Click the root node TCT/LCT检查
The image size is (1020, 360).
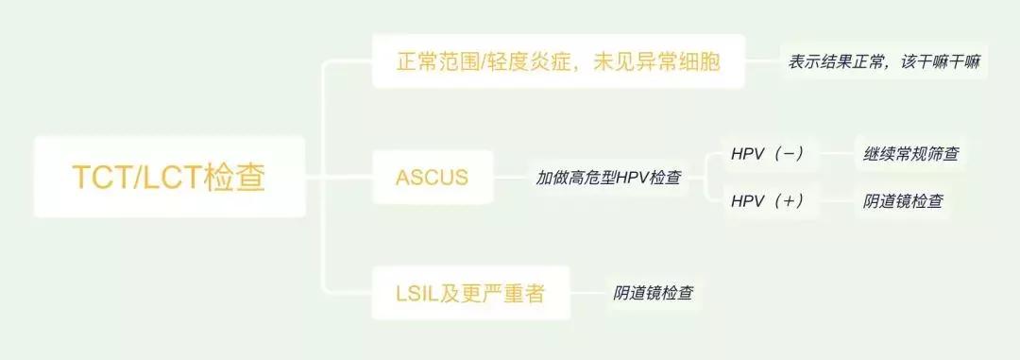coord(169,177)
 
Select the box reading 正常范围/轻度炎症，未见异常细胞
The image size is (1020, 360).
coord(558,62)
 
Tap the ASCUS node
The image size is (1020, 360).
coord(432,177)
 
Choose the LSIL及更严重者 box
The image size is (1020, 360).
coord(469,293)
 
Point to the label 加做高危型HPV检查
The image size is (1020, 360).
coord(608,177)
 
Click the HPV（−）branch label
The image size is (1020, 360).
coord(767,153)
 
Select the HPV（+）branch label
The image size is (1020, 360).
coord(767,200)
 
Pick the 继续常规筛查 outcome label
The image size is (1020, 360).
coord(910,153)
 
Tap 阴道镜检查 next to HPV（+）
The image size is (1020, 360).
coord(902,200)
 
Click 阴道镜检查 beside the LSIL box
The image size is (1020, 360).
coord(654,293)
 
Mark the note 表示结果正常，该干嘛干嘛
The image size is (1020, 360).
coord(884,62)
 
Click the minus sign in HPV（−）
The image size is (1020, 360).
coord(788,153)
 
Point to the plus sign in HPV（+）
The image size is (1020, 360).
coord(788,200)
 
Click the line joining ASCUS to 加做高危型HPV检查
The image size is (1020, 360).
coord(510,177)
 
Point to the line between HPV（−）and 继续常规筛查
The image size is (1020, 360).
coord(836,153)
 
